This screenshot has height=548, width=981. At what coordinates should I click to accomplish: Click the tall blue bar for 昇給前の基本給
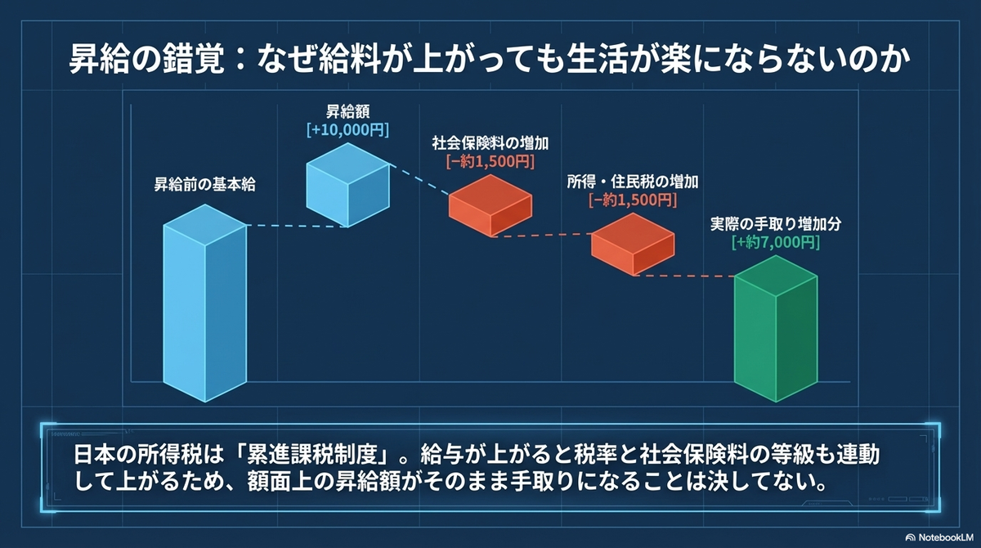point(205,303)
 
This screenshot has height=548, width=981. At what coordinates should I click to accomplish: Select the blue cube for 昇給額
point(347,185)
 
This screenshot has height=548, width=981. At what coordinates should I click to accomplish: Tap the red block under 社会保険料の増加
point(490,206)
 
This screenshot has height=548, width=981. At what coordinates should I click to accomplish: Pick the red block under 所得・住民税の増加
point(633,245)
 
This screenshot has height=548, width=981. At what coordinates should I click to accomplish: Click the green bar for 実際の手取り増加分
point(776,329)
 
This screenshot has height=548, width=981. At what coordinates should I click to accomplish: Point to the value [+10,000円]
point(347,130)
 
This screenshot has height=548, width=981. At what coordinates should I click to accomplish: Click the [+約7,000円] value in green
point(776,242)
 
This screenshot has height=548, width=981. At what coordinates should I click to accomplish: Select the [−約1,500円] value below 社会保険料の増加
point(490,162)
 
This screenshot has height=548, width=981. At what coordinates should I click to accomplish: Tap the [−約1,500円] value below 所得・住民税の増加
point(633,200)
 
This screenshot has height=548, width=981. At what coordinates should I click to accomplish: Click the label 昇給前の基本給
point(204,184)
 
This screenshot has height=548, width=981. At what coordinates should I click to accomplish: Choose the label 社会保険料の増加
point(490,143)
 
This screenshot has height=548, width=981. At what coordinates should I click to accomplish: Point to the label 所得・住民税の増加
point(633,182)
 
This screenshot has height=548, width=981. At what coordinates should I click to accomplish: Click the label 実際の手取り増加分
point(776,224)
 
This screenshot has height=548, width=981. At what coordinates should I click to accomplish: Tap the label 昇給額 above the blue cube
point(347,111)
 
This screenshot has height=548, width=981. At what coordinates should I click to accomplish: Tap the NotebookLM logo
point(939,537)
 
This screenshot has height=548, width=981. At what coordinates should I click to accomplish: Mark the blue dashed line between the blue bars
point(297,226)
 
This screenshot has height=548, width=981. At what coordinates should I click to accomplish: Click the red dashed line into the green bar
point(684,276)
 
